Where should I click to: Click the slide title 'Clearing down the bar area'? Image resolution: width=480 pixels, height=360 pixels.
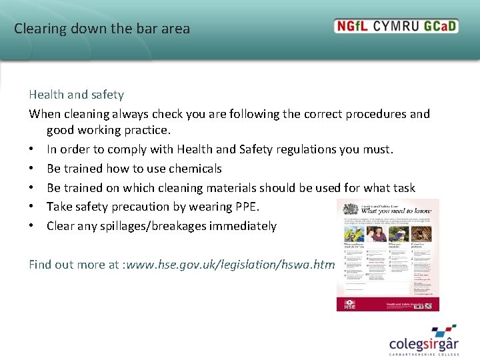[102, 29]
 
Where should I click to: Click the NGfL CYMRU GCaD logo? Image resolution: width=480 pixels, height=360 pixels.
[396, 27]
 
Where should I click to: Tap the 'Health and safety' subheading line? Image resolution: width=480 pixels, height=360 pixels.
[76, 95]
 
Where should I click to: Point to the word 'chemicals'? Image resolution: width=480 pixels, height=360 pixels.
[196, 169]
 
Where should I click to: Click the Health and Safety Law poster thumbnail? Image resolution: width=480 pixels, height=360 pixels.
[388, 255]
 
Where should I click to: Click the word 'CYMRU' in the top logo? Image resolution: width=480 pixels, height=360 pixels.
[398, 27]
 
